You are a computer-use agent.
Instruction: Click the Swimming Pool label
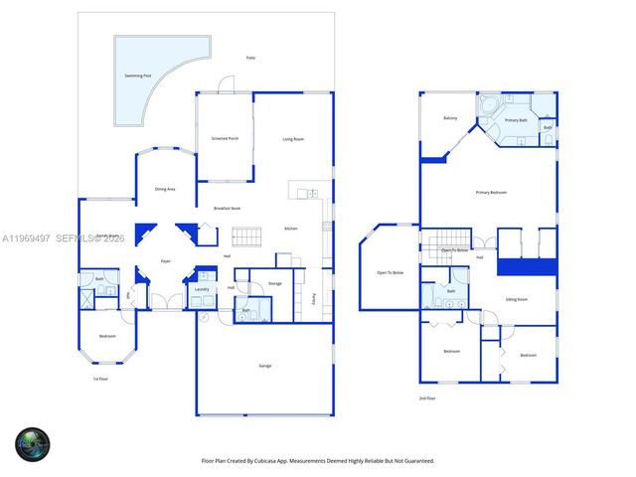click(x=139, y=75)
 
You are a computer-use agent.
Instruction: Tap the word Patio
click(x=250, y=58)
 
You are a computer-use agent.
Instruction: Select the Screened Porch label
click(x=225, y=138)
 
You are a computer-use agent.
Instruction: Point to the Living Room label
click(x=293, y=138)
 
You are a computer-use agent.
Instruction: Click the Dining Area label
click(x=165, y=189)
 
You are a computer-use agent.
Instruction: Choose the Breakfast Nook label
click(x=227, y=208)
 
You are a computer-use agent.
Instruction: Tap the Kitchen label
click(x=291, y=229)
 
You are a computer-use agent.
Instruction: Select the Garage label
click(x=265, y=366)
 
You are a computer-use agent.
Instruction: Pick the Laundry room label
click(x=202, y=289)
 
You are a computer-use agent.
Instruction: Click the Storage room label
click(x=275, y=283)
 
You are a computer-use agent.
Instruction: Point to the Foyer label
click(x=166, y=261)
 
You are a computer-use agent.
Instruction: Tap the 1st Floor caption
click(x=99, y=379)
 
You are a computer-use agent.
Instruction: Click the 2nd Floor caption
click(x=427, y=397)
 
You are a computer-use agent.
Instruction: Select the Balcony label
click(x=450, y=118)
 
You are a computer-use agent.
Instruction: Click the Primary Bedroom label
click(x=491, y=192)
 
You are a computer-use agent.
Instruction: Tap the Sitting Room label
click(x=516, y=298)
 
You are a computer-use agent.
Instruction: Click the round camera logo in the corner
click(x=32, y=444)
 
